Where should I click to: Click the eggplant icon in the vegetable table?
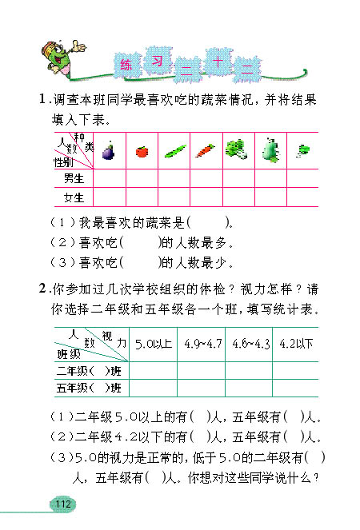coord(110,150)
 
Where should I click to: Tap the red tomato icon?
coord(142,150)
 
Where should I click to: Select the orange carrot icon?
coord(205,149)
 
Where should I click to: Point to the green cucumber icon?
coord(174,150)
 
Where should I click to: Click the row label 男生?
coord(74,178)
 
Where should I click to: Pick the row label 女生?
coord(74,197)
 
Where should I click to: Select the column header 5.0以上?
coord(154,344)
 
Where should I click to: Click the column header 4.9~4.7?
coord(202,344)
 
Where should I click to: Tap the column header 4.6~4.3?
coord(250,344)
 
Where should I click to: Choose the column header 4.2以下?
coord(295,344)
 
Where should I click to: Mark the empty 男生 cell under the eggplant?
coord(110,178)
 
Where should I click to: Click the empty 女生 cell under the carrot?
coord(205,197)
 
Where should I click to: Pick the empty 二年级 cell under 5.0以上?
coord(154,371)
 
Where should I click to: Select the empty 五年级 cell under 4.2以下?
coord(295,389)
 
